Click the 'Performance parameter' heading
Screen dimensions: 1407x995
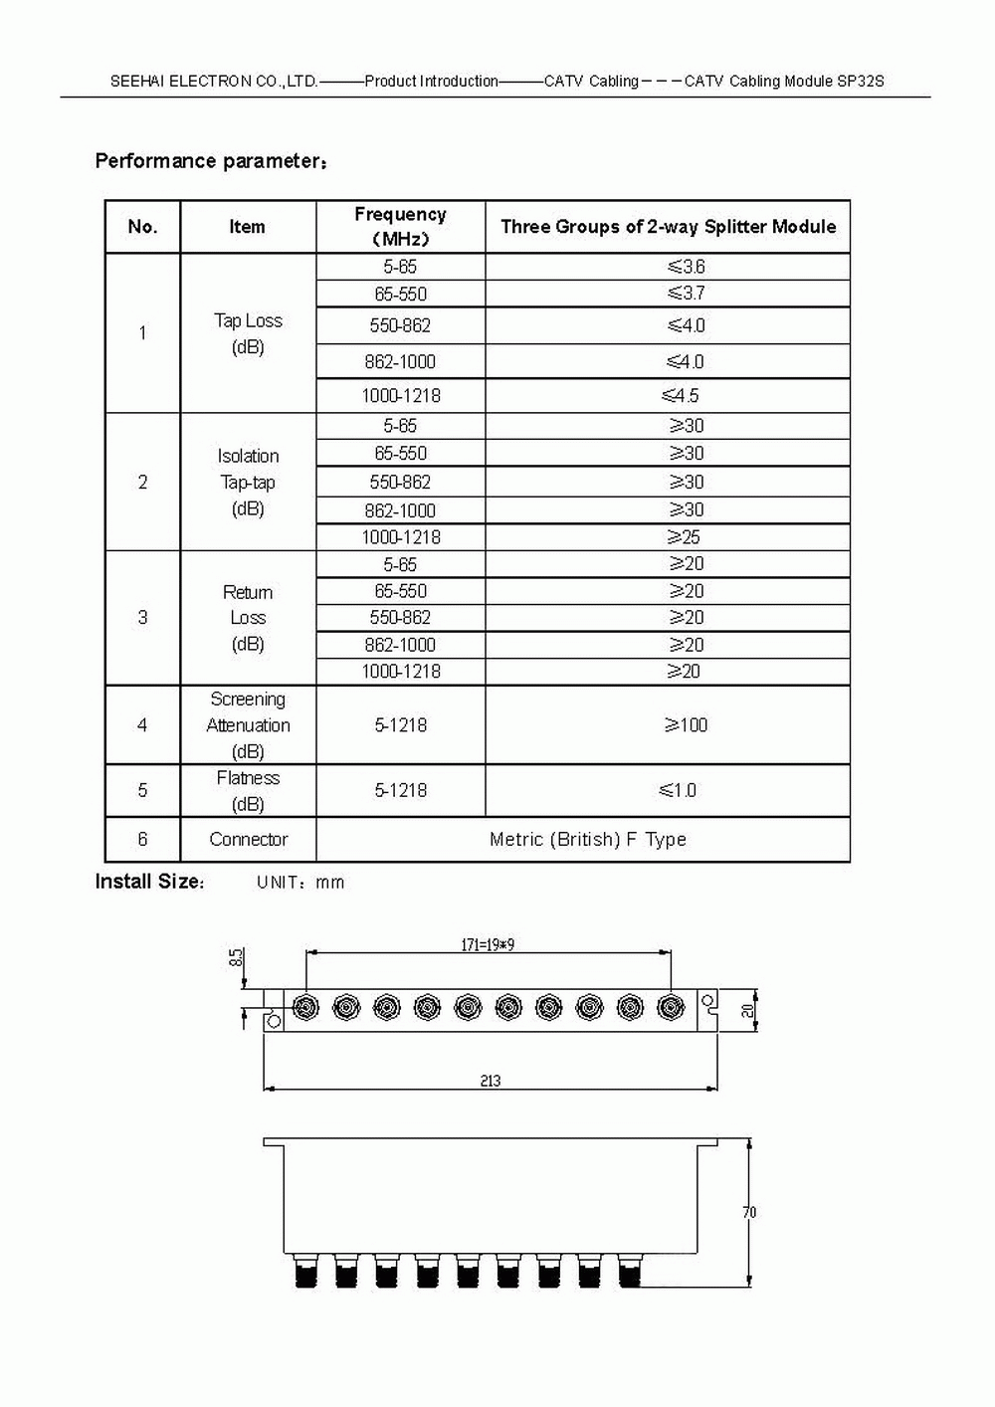click(x=210, y=161)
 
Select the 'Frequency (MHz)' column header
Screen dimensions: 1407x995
click(x=400, y=227)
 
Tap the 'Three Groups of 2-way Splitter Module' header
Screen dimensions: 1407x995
click(x=668, y=227)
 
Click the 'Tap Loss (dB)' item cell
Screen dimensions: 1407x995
click(x=248, y=333)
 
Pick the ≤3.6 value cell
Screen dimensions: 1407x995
click(x=686, y=267)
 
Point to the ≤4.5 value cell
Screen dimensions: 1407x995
click(x=681, y=396)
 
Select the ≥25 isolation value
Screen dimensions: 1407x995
click(x=684, y=537)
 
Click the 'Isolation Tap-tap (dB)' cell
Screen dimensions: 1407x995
click(x=248, y=483)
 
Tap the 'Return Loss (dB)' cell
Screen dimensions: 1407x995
click(x=248, y=618)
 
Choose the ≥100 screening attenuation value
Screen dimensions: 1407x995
click(x=686, y=725)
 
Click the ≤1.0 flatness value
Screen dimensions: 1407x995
click(x=678, y=791)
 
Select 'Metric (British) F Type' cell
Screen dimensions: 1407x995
click(x=587, y=840)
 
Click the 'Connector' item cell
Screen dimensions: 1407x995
click(x=248, y=840)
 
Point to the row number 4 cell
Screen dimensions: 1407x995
click(x=142, y=725)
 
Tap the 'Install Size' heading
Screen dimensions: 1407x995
click(x=149, y=882)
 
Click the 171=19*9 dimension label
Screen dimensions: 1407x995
click(x=488, y=944)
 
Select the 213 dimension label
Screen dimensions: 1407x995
click(x=491, y=1081)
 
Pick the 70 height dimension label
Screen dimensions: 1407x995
click(x=749, y=1212)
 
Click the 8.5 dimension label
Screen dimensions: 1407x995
click(x=236, y=957)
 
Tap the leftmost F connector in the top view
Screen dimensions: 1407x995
click(x=305, y=1009)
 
